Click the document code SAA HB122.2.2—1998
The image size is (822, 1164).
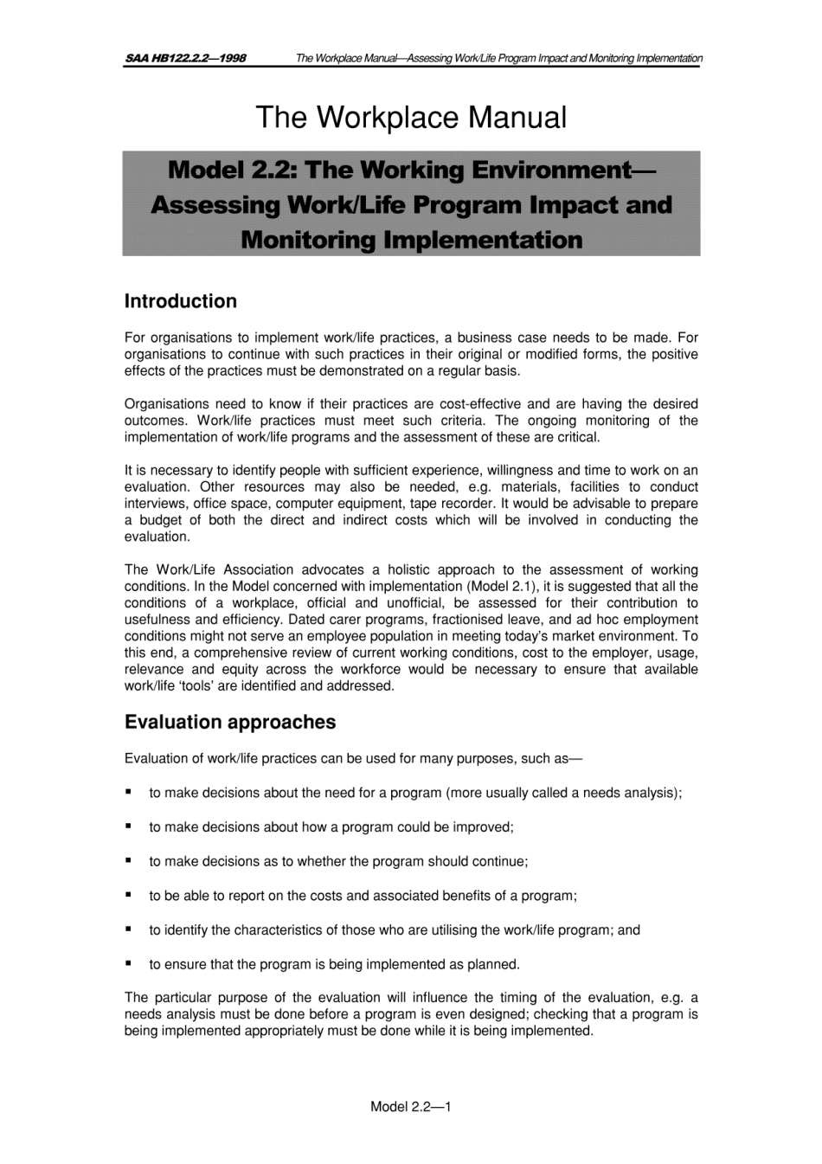click(185, 58)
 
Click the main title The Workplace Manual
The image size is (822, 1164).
click(411, 118)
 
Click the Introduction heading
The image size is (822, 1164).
click(180, 301)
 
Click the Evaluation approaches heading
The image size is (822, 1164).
click(229, 722)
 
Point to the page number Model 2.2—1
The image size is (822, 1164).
click(411, 1106)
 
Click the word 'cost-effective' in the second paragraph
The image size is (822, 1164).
click(481, 403)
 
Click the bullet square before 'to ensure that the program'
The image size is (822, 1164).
click(128, 962)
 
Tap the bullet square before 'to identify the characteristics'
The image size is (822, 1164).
click(128, 929)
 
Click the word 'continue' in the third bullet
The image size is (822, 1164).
click(498, 861)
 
